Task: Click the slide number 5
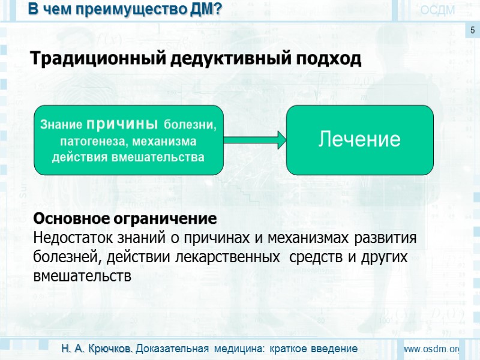tap(472, 30)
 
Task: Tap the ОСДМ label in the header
tap(437, 10)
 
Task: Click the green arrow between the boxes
tap(254, 140)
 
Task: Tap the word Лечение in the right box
tap(359, 139)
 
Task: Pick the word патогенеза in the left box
tap(87, 142)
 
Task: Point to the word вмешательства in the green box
tap(162, 157)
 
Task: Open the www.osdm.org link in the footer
tap(430, 349)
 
